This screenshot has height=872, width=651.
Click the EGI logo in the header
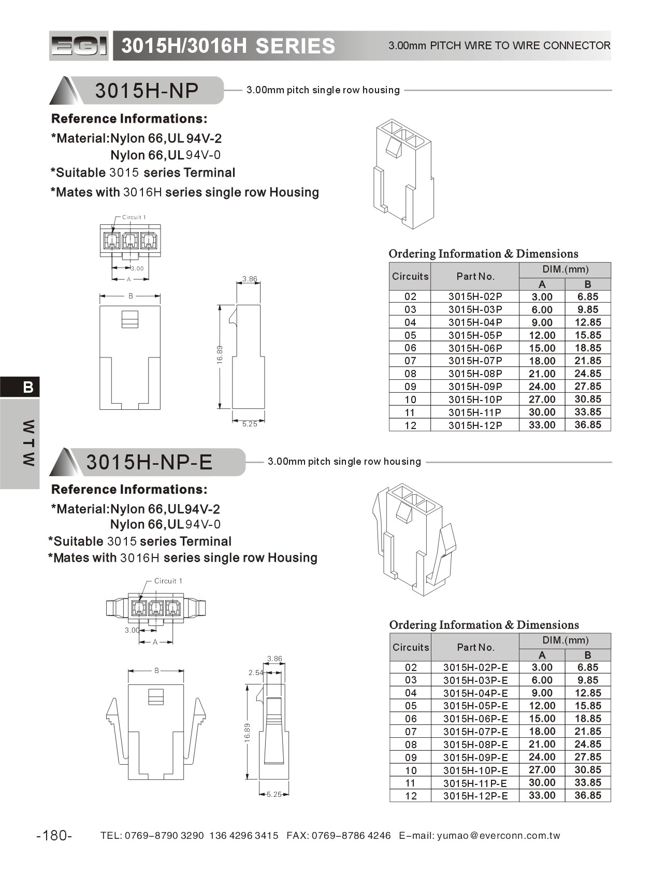pyautogui.click(x=79, y=46)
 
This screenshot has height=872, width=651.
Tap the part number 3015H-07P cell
pyautogui.click(x=475, y=361)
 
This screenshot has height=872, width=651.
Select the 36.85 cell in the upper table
pyautogui.click(x=588, y=425)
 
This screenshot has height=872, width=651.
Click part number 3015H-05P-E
pyautogui.click(x=475, y=706)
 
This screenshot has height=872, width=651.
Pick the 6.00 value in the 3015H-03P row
pyautogui.click(x=542, y=309)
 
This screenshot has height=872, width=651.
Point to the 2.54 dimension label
pyautogui.click(x=256, y=673)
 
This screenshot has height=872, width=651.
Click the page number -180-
pyautogui.click(x=54, y=835)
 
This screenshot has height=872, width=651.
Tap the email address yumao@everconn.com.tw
pyautogui.click(x=499, y=835)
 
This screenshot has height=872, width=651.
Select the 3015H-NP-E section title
pyautogui.click(x=149, y=462)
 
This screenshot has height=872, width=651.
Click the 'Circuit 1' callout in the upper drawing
pyautogui.click(x=134, y=217)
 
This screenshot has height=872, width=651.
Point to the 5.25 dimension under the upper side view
pyautogui.click(x=250, y=424)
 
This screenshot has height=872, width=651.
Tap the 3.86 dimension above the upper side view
pyautogui.click(x=250, y=279)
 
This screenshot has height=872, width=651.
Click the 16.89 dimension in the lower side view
pyautogui.click(x=247, y=733)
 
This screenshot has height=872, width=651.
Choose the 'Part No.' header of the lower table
pyautogui.click(x=475, y=647)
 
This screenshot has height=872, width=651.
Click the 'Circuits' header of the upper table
pyautogui.click(x=410, y=276)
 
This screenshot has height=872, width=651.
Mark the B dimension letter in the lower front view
pyautogui.click(x=156, y=670)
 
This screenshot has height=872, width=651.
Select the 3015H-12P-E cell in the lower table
pyautogui.click(x=475, y=796)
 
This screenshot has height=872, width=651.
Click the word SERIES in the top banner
pyautogui.click(x=295, y=46)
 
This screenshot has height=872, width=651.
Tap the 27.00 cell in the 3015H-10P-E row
pyautogui.click(x=542, y=770)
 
